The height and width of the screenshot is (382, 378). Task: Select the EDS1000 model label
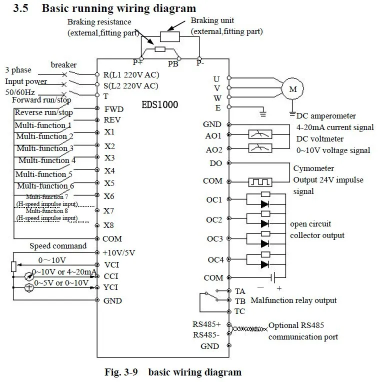tap(160, 105)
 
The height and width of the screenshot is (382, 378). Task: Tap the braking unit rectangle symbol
tap(170, 37)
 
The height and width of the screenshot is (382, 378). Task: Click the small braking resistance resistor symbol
tap(160, 49)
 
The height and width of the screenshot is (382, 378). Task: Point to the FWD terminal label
tap(114, 109)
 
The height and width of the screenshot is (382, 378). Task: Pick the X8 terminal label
tap(108, 225)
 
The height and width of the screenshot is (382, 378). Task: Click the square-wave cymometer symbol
tap(260, 182)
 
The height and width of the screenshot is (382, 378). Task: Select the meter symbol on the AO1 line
tap(260, 134)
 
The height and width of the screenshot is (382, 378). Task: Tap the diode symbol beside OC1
tap(264, 204)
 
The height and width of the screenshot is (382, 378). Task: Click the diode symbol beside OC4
tap(264, 264)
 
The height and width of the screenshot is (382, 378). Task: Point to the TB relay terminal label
tap(240, 301)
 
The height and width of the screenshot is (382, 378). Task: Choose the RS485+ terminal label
tap(206, 324)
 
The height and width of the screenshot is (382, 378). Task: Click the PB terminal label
tap(173, 64)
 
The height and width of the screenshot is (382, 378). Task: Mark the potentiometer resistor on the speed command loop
tap(13, 266)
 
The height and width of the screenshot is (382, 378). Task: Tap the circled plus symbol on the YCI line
tap(29, 287)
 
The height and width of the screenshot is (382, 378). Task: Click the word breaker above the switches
tap(63, 65)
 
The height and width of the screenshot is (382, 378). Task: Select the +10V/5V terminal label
tap(119, 252)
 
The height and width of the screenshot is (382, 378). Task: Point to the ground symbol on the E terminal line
tap(263, 113)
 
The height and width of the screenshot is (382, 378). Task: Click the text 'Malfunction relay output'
tap(293, 300)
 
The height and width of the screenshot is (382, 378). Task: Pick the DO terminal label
tap(216, 163)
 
